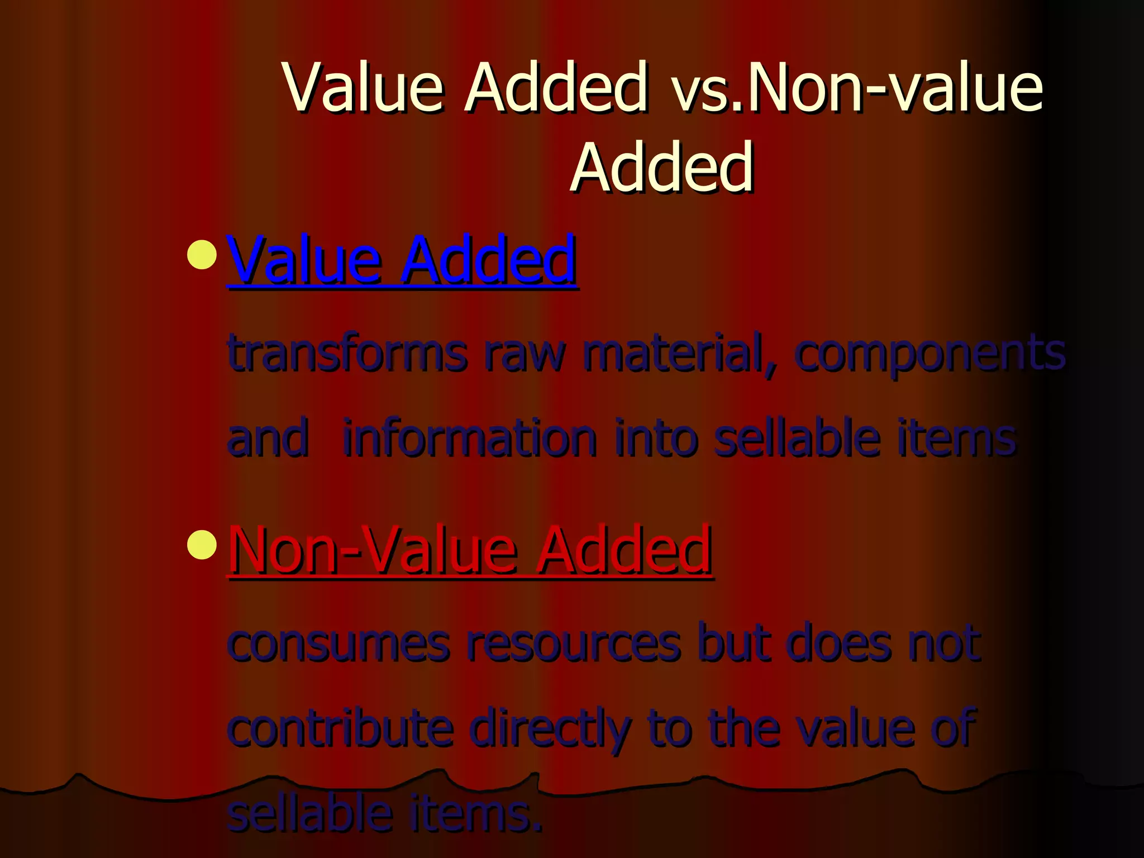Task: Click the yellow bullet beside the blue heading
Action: (x=202, y=254)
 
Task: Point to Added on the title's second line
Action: (x=662, y=166)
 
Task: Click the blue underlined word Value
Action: (x=304, y=259)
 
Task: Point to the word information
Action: (x=469, y=438)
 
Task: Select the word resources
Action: (x=573, y=643)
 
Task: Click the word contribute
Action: (x=340, y=727)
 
